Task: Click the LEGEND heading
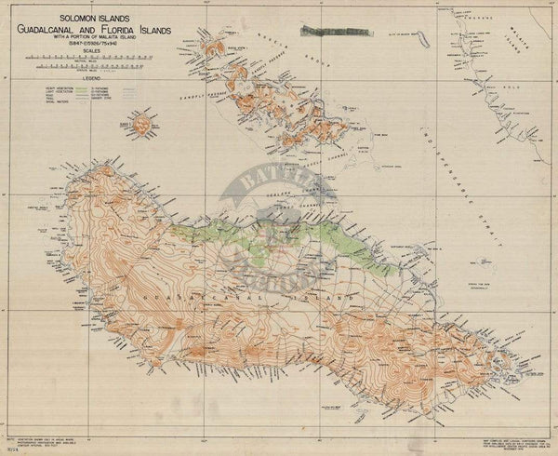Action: [x=90, y=78]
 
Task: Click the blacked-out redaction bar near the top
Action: [x=341, y=33]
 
